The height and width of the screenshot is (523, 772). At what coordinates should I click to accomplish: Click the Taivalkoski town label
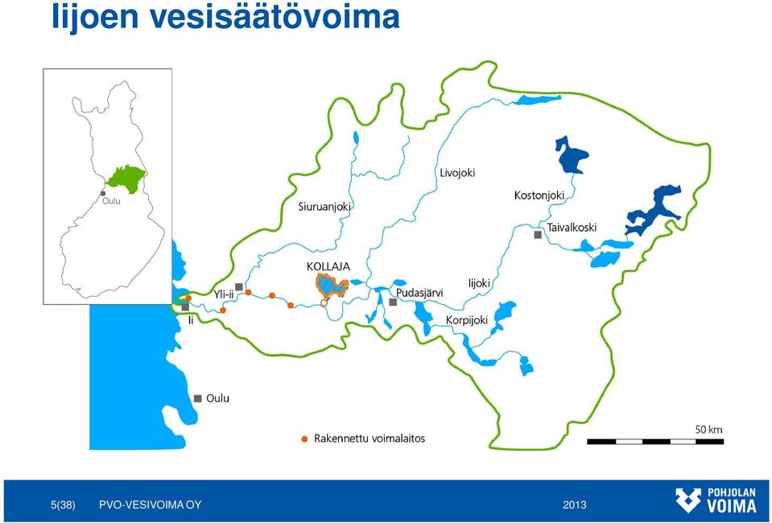click(572, 228)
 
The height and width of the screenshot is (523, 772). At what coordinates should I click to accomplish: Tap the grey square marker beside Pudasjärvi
click(393, 302)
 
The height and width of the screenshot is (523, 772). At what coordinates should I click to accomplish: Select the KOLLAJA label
click(328, 266)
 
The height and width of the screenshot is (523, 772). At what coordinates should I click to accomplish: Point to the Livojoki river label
click(457, 173)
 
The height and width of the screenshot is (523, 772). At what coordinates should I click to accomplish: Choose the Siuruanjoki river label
click(324, 207)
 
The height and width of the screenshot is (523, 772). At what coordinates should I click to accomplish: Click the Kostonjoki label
click(539, 196)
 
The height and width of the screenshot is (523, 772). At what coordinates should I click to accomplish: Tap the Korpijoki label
click(467, 320)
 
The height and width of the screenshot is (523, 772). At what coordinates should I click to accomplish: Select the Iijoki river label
click(478, 283)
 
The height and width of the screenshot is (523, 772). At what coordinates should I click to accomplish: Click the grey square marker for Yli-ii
click(239, 286)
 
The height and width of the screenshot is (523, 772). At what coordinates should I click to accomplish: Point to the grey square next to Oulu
click(198, 398)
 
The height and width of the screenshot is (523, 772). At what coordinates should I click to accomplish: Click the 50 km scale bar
click(654, 441)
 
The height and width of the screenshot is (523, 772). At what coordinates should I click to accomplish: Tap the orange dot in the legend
click(304, 439)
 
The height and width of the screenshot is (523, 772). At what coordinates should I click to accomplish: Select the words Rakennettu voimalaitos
click(369, 439)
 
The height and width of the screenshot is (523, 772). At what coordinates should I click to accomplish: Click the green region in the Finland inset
click(126, 178)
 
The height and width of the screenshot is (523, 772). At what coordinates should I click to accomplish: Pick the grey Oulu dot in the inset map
click(103, 193)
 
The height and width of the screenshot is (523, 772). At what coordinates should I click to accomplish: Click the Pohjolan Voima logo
click(716, 500)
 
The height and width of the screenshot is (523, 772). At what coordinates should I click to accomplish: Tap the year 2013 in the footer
click(575, 504)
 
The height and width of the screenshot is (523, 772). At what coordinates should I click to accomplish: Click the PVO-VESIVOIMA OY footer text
click(151, 504)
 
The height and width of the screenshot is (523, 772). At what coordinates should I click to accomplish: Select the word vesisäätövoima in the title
click(274, 17)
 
